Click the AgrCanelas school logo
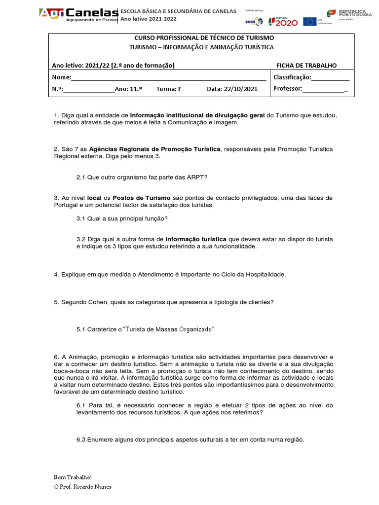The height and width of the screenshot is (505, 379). pos(78,15)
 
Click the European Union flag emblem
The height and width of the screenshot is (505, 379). pos(310,21)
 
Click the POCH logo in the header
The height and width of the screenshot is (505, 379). pos(254,21)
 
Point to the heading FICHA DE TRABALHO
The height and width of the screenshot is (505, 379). pos(306,65)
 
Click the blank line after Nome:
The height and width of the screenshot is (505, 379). pos(168,78)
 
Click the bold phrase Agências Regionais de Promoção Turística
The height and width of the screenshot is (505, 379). pos(154,149)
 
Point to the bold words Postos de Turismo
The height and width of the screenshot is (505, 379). pos(142,198)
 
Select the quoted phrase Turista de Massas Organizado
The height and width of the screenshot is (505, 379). pos(173,329)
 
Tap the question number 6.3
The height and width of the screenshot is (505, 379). pos(81,439)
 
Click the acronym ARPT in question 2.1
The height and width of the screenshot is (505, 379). pos(198,177)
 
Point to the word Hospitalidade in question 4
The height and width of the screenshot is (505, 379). pos(262,274)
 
